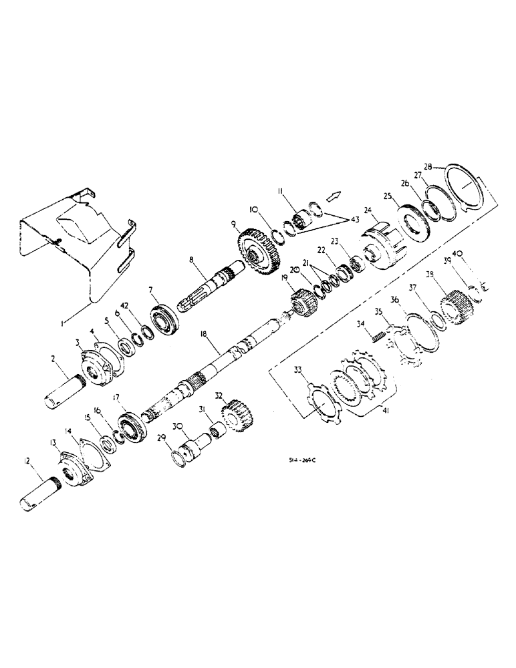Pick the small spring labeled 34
pos(379,332)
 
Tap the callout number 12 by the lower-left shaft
pos(26,460)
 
